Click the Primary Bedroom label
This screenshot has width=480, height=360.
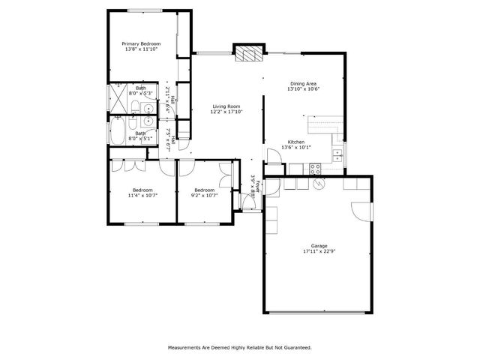(x=141, y=43)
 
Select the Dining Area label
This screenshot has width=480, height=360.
(x=303, y=83)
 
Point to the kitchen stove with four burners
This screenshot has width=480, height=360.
(x=316, y=168)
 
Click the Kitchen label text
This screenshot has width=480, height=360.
(x=296, y=142)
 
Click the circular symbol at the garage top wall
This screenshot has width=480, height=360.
(x=318, y=183)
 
